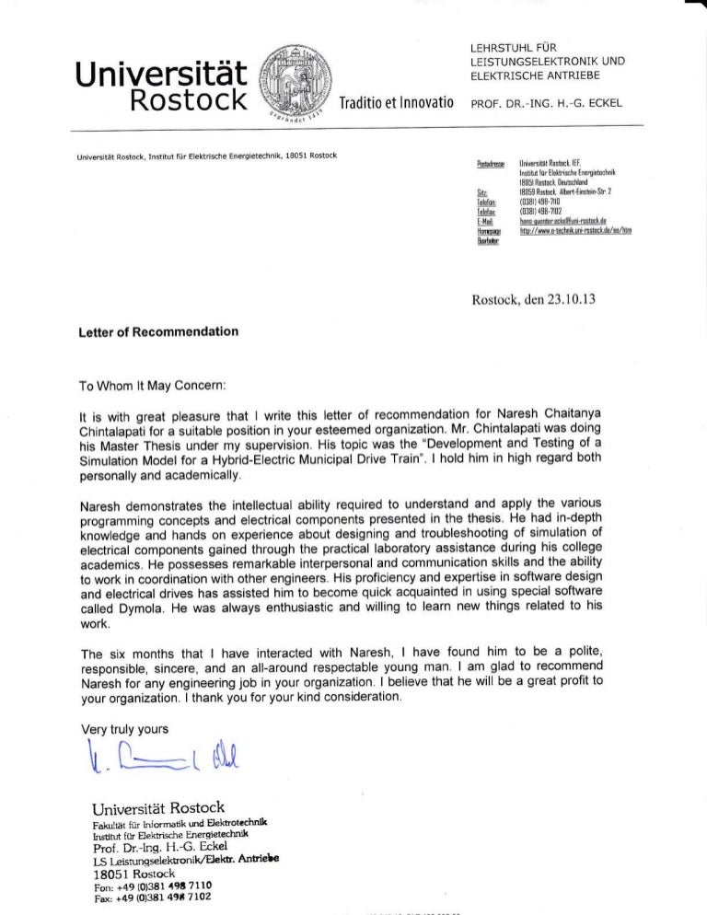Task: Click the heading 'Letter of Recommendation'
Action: [159, 330]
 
